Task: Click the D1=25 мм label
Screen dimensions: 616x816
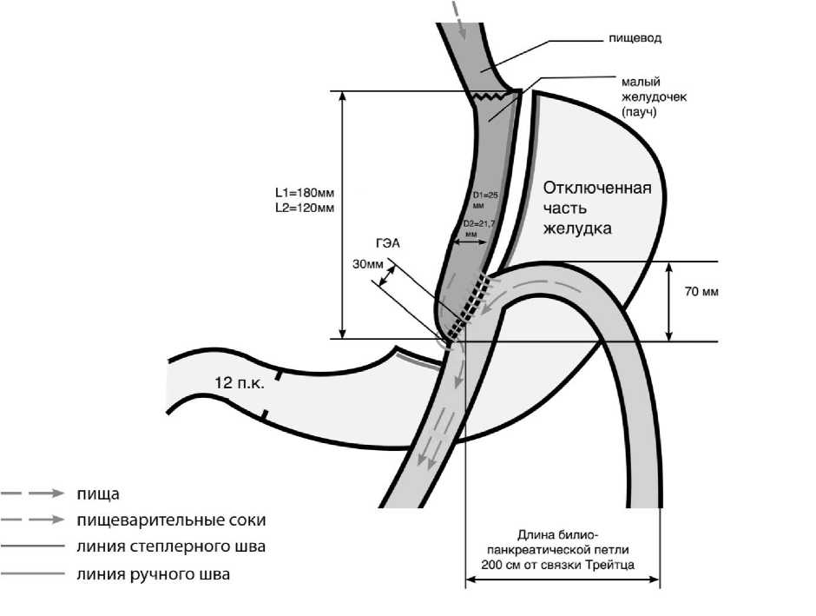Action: pos(483,200)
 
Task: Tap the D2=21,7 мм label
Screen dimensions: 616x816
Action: pos(479,229)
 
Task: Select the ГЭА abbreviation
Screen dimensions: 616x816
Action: pos(386,244)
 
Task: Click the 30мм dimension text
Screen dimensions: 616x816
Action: pos(367,265)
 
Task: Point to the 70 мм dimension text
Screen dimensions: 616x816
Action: pos(701,292)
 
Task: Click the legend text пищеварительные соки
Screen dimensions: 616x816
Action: pos(170,520)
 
